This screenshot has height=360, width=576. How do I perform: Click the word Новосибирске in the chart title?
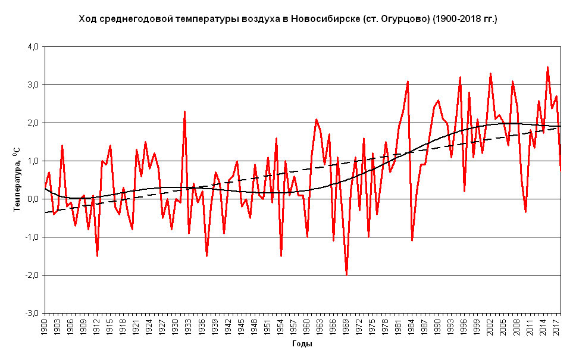[323, 20]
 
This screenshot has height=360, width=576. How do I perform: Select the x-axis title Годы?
[302, 343]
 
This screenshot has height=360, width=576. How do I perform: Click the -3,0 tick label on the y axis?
[30, 313]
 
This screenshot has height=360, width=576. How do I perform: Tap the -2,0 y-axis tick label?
[30, 275]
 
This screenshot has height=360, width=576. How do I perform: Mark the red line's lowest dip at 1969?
[346, 274]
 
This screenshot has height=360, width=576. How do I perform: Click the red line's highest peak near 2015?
[547, 67]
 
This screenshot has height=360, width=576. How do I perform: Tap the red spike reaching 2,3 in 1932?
[185, 111]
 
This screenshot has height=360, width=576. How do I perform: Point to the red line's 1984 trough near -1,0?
[412, 240]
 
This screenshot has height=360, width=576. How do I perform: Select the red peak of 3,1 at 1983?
[408, 81]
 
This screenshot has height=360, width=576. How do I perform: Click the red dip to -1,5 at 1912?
[97, 255]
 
